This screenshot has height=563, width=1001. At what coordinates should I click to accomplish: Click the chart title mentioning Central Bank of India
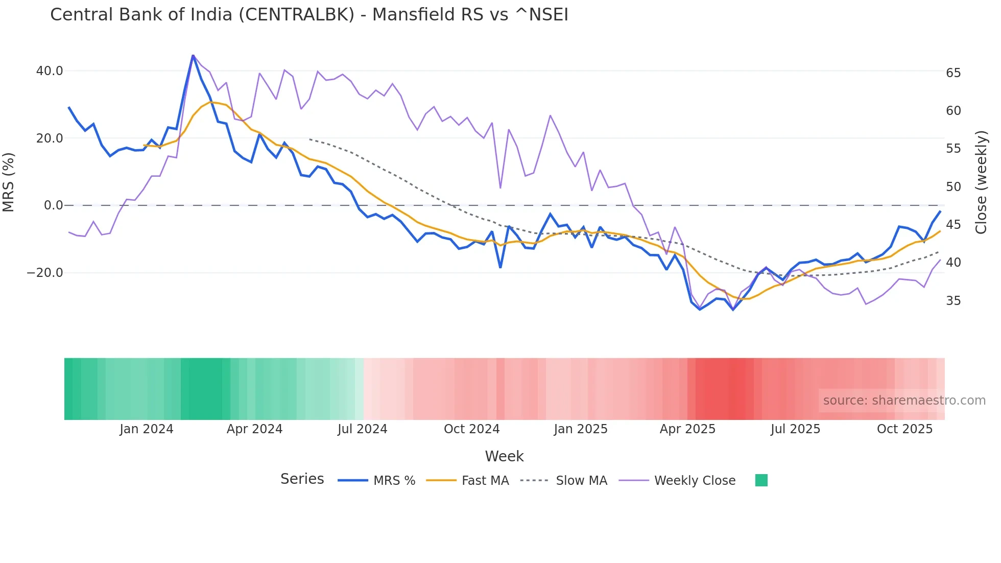click(309, 15)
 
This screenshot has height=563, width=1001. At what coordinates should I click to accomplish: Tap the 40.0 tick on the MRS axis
click(50, 71)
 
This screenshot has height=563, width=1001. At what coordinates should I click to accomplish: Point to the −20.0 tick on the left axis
click(45, 273)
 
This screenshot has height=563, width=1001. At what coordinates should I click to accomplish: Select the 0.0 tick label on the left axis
click(53, 205)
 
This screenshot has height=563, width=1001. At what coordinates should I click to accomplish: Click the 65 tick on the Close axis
click(953, 73)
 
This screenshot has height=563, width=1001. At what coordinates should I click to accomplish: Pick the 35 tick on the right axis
click(953, 301)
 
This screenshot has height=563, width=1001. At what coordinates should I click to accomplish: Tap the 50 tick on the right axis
click(953, 187)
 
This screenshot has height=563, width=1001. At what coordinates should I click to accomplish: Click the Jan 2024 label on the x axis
click(147, 429)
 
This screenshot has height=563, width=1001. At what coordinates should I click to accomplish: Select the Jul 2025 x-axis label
click(795, 429)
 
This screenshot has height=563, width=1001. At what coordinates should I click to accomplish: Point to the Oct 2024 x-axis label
click(471, 429)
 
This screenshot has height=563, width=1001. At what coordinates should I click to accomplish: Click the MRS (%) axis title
click(9, 182)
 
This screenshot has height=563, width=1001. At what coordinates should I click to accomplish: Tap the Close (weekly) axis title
click(981, 182)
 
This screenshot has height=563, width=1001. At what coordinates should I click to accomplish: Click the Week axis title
click(504, 456)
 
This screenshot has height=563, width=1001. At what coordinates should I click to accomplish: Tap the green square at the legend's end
click(761, 480)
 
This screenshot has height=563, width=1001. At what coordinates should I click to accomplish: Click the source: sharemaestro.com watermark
click(904, 401)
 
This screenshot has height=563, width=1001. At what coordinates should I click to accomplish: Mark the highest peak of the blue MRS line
click(193, 55)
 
